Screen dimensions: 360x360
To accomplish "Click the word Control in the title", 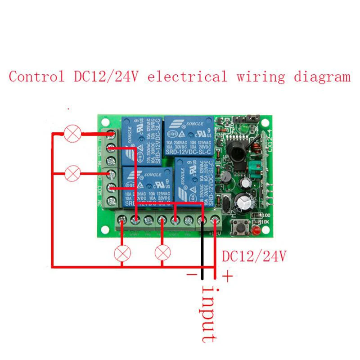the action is (36, 76).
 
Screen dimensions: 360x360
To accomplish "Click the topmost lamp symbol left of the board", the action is (72, 134).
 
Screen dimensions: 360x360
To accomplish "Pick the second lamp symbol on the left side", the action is (72, 173).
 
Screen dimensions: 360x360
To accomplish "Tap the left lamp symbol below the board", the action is (121, 253).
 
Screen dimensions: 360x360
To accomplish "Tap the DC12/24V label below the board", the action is (254, 256).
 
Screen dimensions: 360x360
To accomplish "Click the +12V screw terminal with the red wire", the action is (215, 220).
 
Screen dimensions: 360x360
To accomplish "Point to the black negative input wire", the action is (202, 252).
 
